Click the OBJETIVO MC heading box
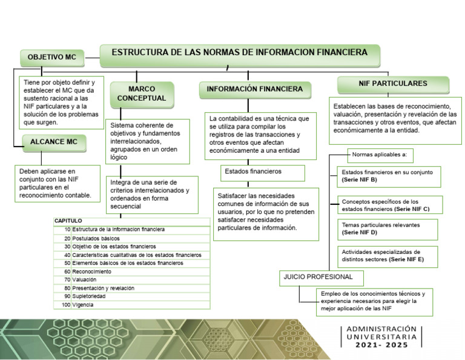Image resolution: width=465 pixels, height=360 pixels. point(52,57)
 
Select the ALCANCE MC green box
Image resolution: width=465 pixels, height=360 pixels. point(54,142)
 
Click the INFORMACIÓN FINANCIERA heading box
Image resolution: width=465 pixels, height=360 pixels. point(255,89)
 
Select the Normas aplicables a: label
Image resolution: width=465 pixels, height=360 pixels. point(380,155)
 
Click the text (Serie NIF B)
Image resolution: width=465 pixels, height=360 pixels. point(360,181)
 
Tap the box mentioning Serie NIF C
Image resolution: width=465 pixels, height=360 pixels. point(389,205)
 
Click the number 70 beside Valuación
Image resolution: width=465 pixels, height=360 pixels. point(67,280)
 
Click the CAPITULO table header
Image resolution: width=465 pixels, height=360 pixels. point(68,221)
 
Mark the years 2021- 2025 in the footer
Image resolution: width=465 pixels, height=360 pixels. point(382,345)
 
